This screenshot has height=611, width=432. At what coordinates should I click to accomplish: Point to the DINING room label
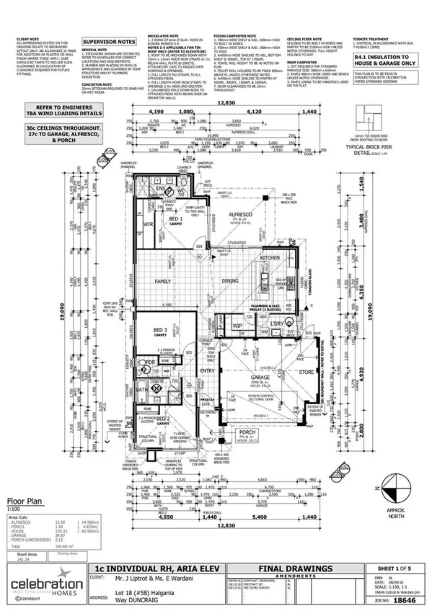pyautogui.click(x=230, y=281)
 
